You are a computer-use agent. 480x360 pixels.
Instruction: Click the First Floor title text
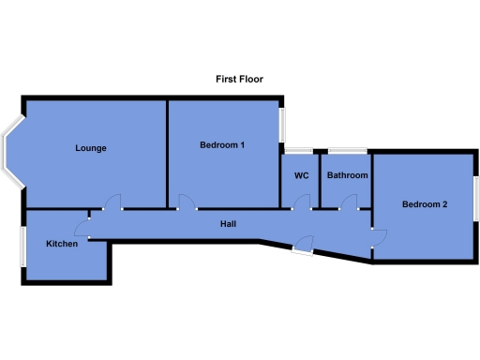[239, 80]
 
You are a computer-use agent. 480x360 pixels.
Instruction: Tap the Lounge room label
[91, 148]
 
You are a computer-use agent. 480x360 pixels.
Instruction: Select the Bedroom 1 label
[222, 145]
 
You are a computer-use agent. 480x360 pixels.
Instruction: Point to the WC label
[301, 175]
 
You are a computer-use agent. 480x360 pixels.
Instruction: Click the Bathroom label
[347, 175]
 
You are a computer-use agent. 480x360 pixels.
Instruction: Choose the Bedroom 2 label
[425, 204]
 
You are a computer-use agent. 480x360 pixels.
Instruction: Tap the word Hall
[228, 224]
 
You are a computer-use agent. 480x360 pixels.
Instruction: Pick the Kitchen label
[63, 244]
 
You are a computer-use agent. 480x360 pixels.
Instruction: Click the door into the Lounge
[113, 202]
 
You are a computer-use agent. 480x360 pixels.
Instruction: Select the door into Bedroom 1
[186, 202]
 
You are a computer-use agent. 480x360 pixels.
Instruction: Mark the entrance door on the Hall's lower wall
[302, 246]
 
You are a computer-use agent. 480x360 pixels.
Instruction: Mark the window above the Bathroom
[348, 150]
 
